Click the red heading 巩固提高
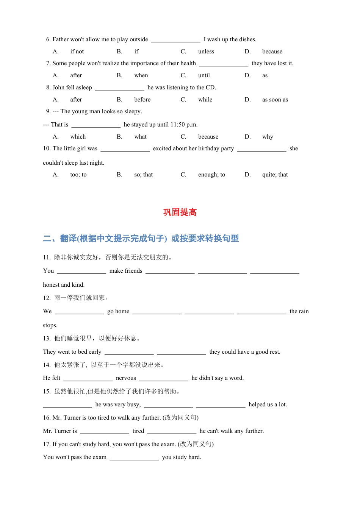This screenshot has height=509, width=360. pos(180,212)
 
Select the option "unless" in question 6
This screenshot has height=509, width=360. pos(206,52)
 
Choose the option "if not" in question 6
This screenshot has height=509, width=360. pos(77,52)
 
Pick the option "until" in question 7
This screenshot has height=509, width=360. pos(204,75)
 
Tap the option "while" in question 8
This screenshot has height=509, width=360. pos(205,100)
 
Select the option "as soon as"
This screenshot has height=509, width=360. pos(275,100)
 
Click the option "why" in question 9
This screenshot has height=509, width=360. pos(268,137)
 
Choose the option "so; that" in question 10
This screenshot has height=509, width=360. pos(143,175)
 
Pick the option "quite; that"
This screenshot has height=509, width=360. pos(275,175)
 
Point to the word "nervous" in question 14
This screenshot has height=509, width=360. pos(126,378)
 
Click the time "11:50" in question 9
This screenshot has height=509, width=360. pos(178,125)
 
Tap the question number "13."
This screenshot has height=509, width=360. pos(47,338)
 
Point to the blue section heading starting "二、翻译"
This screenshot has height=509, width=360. pos(141,239)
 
